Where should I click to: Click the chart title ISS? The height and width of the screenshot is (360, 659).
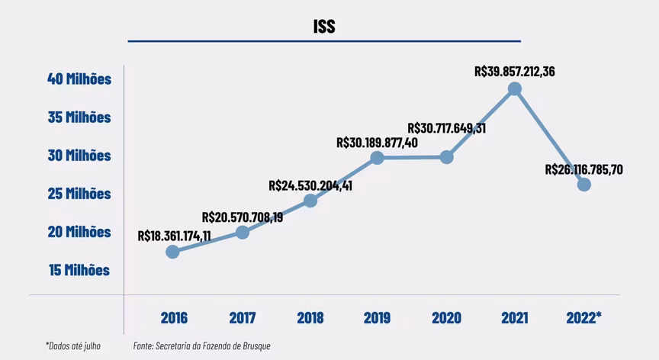click(324, 27)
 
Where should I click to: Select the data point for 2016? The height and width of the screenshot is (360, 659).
click(172, 252)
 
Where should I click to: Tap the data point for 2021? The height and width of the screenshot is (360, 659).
click(515, 88)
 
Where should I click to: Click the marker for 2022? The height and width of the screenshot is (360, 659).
click(584, 185)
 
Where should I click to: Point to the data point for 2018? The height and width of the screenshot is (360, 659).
click(310, 201)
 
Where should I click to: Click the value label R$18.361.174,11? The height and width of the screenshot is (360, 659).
click(174, 236)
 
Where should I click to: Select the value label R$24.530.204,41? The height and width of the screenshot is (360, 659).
click(310, 185)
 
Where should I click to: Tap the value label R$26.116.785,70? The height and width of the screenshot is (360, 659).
click(584, 169)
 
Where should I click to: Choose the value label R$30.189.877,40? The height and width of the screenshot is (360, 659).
click(377, 142)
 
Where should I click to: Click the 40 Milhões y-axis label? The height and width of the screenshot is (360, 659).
click(79, 79)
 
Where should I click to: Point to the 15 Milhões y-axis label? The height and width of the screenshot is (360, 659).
click(79, 270)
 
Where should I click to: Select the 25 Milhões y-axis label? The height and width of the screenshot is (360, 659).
click(79, 194)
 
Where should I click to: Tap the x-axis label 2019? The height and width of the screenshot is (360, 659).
click(377, 317)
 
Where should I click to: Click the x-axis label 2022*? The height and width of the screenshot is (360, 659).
click(584, 317)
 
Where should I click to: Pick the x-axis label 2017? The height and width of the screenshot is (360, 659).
click(242, 317)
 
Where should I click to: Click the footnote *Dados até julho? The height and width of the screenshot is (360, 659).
click(73, 346)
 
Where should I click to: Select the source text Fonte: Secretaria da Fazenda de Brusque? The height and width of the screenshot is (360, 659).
click(201, 346)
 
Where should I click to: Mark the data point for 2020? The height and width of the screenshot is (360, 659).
click(447, 157)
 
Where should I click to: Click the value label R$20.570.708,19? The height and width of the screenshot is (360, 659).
click(243, 217)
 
